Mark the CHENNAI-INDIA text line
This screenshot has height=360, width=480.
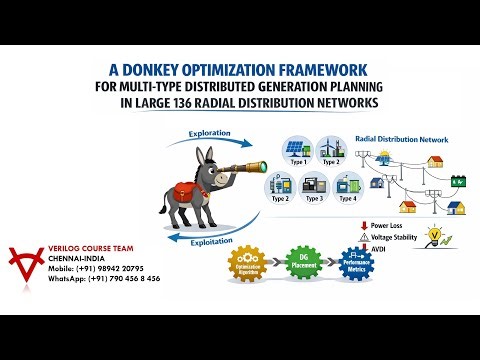pyautogui.click(x=74, y=258)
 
